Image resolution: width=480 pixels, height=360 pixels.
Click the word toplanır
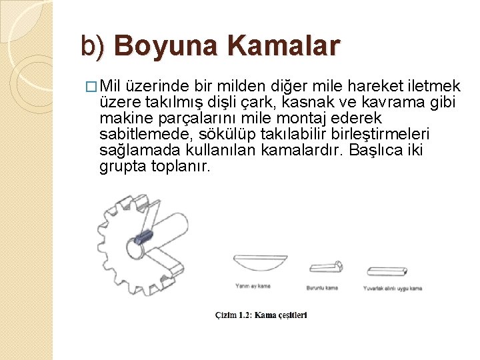[x=177, y=166]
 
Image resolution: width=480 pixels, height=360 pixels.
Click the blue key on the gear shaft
[x=144, y=235]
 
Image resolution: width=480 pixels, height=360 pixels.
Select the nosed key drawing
[x=326, y=267]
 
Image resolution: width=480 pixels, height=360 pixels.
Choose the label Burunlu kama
[x=322, y=288]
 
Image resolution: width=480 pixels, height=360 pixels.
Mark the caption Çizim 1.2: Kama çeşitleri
[x=261, y=315]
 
